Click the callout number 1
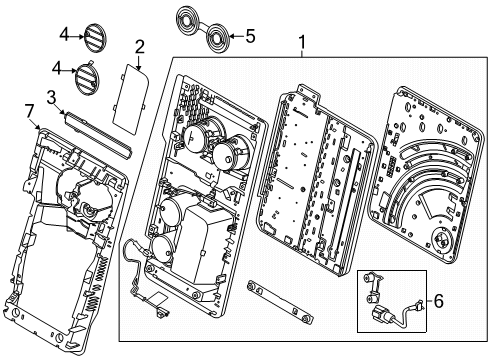click(302, 42)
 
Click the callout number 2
click(140, 47)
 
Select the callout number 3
click(51, 98)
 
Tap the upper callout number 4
click(64, 34)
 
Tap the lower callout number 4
click(57, 69)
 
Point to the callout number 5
click(250, 36)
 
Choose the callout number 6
click(439, 301)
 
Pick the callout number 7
click(30, 111)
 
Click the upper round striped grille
click(94, 37)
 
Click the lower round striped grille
click(87, 77)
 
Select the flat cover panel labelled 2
click(130, 99)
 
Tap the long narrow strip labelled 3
click(98, 134)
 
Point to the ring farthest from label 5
click(188, 22)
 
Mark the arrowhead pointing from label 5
click(232, 36)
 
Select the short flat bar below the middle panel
click(280, 303)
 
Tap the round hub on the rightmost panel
click(443, 239)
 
